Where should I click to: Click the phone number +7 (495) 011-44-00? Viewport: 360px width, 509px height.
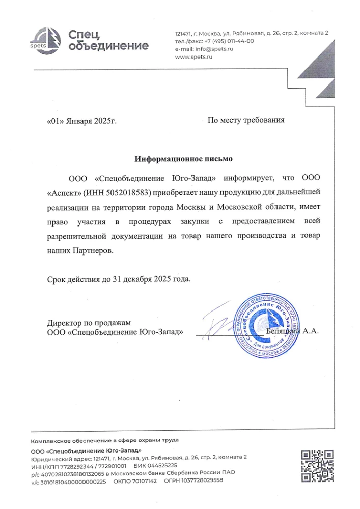click(229, 41)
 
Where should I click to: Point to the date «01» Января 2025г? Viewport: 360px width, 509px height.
click(82, 122)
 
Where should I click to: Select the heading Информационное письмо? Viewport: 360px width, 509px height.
click(183, 159)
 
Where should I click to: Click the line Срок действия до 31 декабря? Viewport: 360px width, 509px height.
click(120, 279)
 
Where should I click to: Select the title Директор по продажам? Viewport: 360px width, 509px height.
click(89, 323)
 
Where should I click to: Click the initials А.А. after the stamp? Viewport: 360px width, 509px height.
click(311, 331)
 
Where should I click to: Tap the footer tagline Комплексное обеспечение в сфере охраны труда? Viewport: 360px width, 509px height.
click(105, 440)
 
